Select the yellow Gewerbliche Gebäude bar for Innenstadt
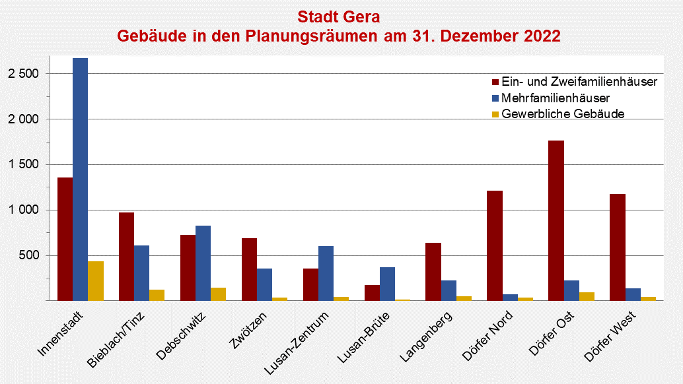tap(95, 281)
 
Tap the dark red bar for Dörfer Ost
tap(556, 220)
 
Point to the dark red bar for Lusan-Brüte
tap(372, 292)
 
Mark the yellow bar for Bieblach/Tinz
tap(157, 295)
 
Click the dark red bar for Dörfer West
tap(618, 247)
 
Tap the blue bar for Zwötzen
tap(264, 284)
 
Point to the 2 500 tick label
tap(24, 74)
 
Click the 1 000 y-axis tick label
tap(24, 210)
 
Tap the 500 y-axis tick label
tap(30, 255)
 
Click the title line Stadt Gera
tap(339, 16)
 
